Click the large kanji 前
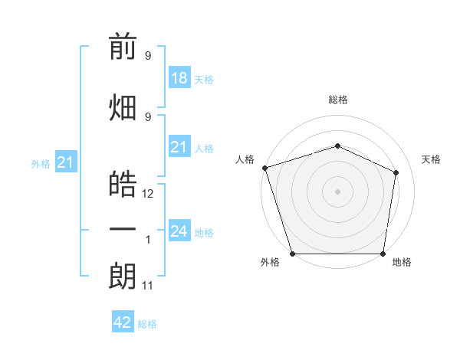click(123, 46)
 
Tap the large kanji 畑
click(123, 107)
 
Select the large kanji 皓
click(123, 184)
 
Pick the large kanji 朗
click(123, 276)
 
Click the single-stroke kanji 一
click(123, 229)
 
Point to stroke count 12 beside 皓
click(147, 194)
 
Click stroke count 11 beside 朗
click(147, 286)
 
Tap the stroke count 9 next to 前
click(148, 55)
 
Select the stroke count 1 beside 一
click(148, 240)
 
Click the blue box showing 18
click(179, 77)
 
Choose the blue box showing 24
click(179, 230)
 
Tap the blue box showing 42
click(123, 321)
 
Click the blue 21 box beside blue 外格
click(66, 162)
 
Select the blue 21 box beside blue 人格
click(179, 146)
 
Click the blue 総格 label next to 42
click(147, 324)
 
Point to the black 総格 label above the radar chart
click(338, 100)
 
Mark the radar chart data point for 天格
click(396, 172)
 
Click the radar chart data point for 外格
click(293, 254)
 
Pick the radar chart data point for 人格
click(265, 168)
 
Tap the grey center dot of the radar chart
click(337, 191)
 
